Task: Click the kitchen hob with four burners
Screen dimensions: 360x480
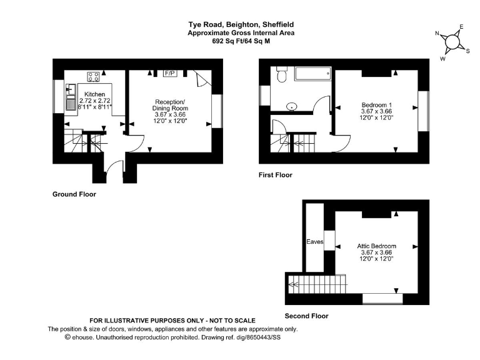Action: pos(94,77)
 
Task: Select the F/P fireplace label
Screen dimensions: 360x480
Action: pos(169,74)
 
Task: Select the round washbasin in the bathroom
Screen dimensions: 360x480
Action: pos(292,106)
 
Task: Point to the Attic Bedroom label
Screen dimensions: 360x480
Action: pos(377,246)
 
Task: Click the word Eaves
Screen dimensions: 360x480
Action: pos(314,241)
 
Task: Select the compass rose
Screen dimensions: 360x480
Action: pos(451,41)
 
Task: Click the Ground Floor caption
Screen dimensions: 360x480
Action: pos(74,194)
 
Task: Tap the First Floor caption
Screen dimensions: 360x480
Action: pos(275,175)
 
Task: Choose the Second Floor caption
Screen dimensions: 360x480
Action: pos(306,316)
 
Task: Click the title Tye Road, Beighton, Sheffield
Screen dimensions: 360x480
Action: pos(241,25)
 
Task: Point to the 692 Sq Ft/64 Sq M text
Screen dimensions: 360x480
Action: pos(241,41)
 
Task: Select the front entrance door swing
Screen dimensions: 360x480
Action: pos(113,169)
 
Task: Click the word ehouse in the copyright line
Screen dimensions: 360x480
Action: pos(87,337)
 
